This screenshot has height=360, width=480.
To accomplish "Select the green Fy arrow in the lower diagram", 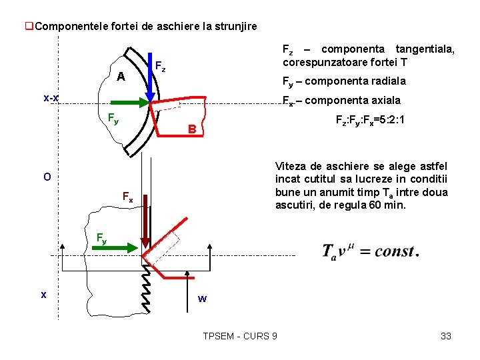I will coord(123,247).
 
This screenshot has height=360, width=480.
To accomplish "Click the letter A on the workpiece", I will coord(121,77).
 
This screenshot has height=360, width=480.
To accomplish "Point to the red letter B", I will coord(191,129).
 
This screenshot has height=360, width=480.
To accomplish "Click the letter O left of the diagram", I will coord(47,177).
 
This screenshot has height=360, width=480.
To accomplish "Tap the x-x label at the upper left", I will coord(51,99).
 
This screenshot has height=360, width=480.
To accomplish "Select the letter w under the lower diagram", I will coord(202,299).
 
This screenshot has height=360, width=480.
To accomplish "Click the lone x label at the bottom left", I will coord(43,294).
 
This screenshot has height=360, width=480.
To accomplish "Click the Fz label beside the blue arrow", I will coord(160,67).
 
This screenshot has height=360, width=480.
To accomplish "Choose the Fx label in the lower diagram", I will coord(127,196).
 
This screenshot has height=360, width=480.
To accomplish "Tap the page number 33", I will coord(446,336).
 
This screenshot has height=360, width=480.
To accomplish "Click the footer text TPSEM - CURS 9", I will coord(240,336).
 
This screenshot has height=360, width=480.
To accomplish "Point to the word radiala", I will coord(381,81).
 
